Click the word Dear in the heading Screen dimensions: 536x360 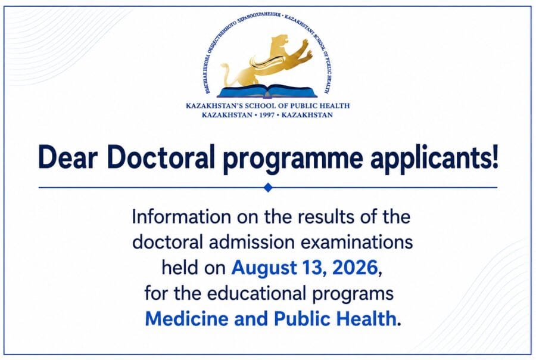click(68, 157)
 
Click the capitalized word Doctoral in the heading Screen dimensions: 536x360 click(161, 157)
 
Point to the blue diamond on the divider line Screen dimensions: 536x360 click(269, 187)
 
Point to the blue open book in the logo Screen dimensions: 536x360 click(267, 91)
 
